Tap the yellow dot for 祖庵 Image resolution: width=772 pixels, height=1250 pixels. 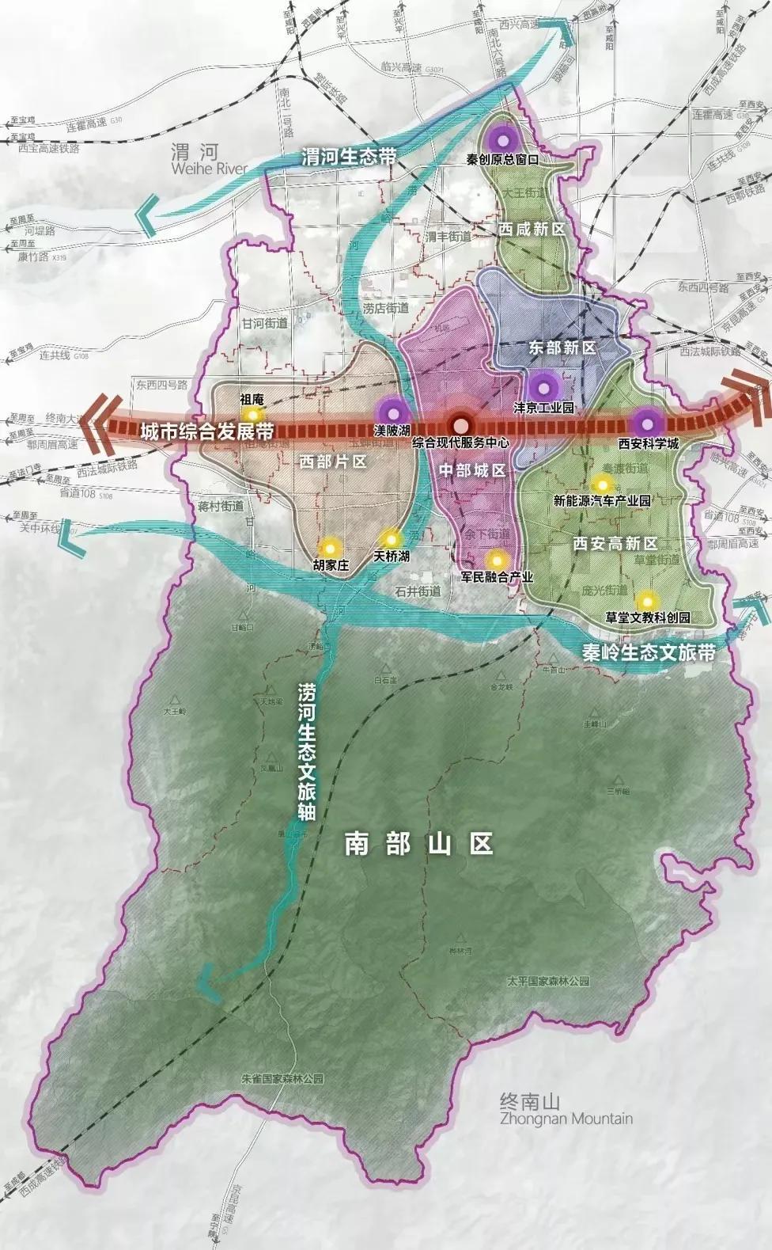(252, 414)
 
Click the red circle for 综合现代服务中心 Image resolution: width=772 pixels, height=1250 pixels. (459, 425)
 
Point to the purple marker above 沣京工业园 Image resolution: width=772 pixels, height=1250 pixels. (543, 387)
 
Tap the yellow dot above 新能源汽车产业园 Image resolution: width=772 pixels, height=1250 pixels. (602, 484)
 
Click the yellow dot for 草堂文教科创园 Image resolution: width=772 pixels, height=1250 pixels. (648, 599)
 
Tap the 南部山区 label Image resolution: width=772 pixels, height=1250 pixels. (418, 844)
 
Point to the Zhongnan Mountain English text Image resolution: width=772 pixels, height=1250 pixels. (566, 1119)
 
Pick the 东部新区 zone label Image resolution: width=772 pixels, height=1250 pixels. (561, 348)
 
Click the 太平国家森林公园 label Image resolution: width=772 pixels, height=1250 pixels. (549, 981)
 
